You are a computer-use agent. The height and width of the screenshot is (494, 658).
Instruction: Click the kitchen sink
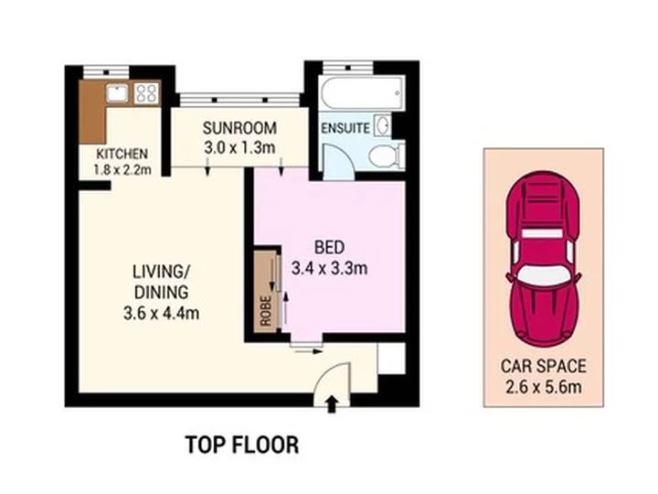pyautogui.click(x=118, y=92)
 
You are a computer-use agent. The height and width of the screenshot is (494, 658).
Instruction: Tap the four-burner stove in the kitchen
pyautogui.click(x=146, y=93)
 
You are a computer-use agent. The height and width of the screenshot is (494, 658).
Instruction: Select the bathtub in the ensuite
pyautogui.click(x=362, y=92)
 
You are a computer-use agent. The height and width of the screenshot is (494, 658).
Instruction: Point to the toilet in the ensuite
pyautogui.click(x=386, y=156)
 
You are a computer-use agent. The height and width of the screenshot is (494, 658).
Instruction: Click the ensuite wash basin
pyautogui.click(x=383, y=124)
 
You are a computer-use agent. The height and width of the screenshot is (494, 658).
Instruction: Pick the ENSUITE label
pyautogui.click(x=345, y=128)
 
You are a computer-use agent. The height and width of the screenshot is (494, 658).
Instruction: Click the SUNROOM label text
pyautogui.click(x=239, y=128)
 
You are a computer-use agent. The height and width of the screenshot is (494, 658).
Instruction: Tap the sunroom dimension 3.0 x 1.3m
pyautogui.click(x=239, y=148)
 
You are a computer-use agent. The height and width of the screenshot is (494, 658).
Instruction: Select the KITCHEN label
pyautogui.click(x=122, y=154)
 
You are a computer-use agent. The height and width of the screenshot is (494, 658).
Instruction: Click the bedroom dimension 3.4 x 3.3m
pyautogui.click(x=329, y=268)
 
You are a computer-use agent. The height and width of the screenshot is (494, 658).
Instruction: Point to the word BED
pyautogui.click(x=329, y=247)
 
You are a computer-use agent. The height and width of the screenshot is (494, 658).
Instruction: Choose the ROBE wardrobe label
pyautogui.click(x=265, y=311)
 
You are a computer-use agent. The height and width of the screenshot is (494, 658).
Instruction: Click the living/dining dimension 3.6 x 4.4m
pyautogui.click(x=161, y=313)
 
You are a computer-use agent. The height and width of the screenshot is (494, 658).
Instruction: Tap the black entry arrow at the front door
pyautogui.click(x=332, y=404)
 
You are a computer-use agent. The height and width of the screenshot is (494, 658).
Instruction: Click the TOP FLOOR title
pyautogui.click(x=242, y=445)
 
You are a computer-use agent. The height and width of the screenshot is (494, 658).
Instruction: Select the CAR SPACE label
pyautogui.click(x=544, y=366)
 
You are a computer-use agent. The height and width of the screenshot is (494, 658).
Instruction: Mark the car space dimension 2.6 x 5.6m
pyautogui.click(x=544, y=387)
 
